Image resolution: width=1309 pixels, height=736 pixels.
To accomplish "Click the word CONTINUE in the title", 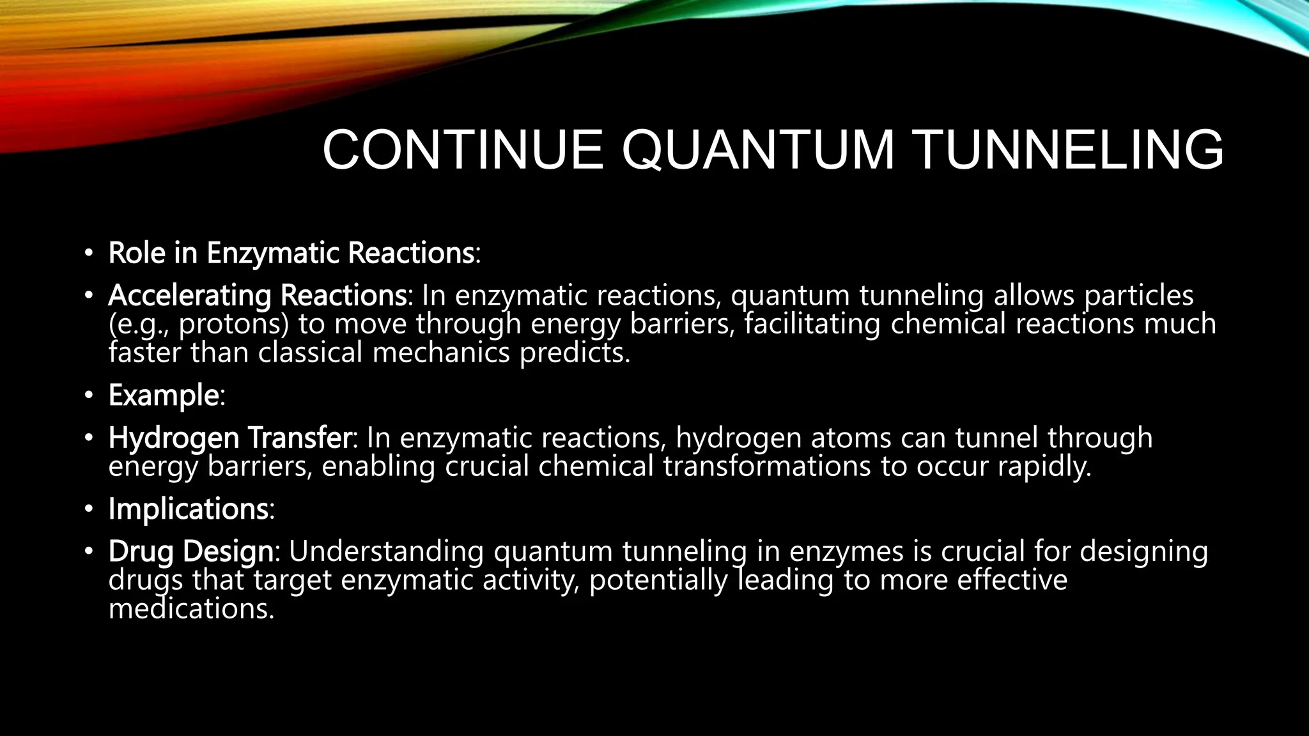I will pyautogui.click(x=463, y=151).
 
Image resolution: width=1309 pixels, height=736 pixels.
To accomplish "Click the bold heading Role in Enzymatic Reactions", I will pyautogui.click(x=291, y=253).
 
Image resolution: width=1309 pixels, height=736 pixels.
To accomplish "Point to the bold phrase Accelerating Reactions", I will pyautogui.click(x=257, y=295).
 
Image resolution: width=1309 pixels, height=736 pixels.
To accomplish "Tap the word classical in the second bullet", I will pyautogui.click(x=310, y=353).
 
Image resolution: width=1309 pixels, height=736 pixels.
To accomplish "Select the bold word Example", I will pyautogui.click(x=164, y=395).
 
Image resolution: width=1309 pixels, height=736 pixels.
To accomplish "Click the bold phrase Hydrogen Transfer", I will pyautogui.click(x=229, y=438).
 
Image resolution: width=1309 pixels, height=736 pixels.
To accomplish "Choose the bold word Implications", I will pyautogui.click(x=188, y=509).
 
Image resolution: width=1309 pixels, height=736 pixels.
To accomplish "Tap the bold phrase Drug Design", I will pyautogui.click(x=190, y=551).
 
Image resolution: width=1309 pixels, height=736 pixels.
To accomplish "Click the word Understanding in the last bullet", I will pyautogui.click(x=386, y=551).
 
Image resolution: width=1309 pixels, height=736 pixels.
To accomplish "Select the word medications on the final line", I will pyautogui.click(x=190, y=608).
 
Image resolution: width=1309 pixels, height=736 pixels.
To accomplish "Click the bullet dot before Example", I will pyautogui.click(x=89, y=395).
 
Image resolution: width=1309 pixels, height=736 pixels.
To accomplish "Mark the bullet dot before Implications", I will pyautogui.click(x=89, y=509).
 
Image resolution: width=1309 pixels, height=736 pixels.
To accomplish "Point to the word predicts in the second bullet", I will pyautogui.click(x=574, y=353).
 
